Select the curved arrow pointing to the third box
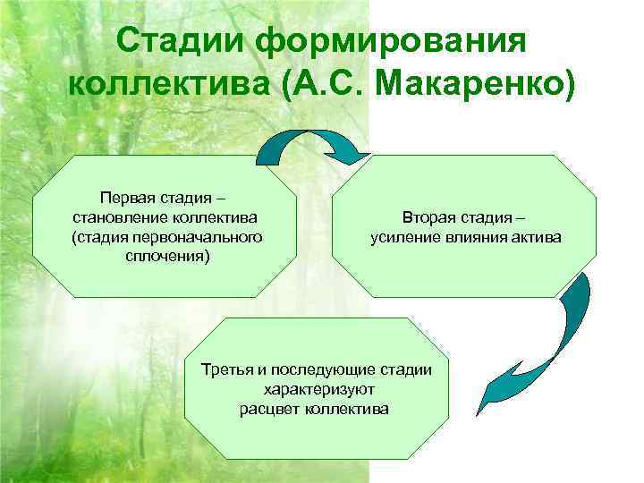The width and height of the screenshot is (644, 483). click(x=546, y=349)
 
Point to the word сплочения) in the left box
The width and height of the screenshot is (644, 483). click(x=165, y=257)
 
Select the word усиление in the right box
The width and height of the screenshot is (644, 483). click(x=400, y=238)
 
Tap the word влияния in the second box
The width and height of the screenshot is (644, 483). click(x=476, y=238)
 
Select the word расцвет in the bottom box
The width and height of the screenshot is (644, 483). click(x=269, y=409)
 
